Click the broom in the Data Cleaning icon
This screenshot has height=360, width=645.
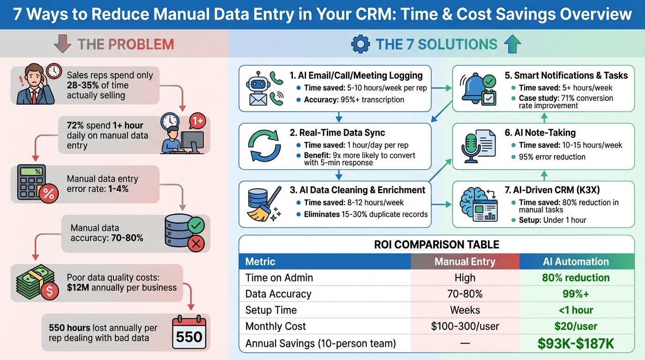(x=268, y=208)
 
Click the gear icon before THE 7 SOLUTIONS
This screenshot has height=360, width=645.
(x=360, y=45)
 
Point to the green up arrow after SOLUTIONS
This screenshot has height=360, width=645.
(x=512, y=45)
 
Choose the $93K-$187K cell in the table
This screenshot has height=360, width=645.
(x=576, y=344)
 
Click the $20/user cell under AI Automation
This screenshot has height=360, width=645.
(x=576, y=326)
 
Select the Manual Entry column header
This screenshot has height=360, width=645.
(x=465, y=262)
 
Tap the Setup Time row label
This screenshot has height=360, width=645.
(x=271, y=310)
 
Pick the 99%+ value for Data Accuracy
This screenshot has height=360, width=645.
(x=576, y=294)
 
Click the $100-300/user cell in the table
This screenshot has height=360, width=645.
(x=465, y=326)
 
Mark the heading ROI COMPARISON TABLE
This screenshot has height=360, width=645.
(x=436, y=244)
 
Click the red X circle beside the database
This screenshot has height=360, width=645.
(x=195, y=243)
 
